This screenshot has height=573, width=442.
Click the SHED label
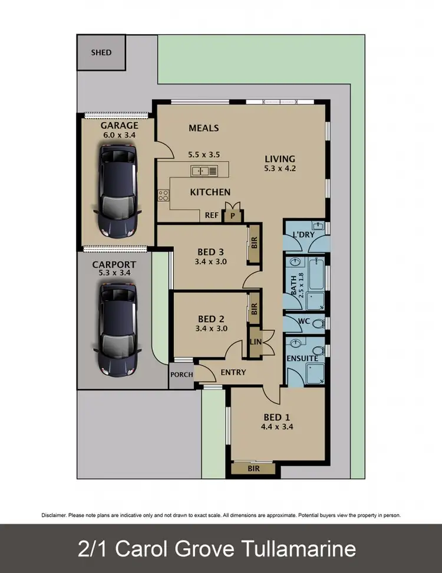101,53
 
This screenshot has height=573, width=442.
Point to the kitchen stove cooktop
163,195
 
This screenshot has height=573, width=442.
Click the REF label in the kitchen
212,215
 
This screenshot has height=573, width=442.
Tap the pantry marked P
233,215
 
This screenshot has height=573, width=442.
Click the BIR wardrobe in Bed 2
254,309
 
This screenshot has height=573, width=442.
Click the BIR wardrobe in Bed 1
253,469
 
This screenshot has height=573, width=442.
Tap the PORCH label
181,375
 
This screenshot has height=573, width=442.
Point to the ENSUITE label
302,358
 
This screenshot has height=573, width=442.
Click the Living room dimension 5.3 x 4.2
279,168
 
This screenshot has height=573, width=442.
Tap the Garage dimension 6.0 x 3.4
120,135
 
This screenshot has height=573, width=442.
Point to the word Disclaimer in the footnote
54,515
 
